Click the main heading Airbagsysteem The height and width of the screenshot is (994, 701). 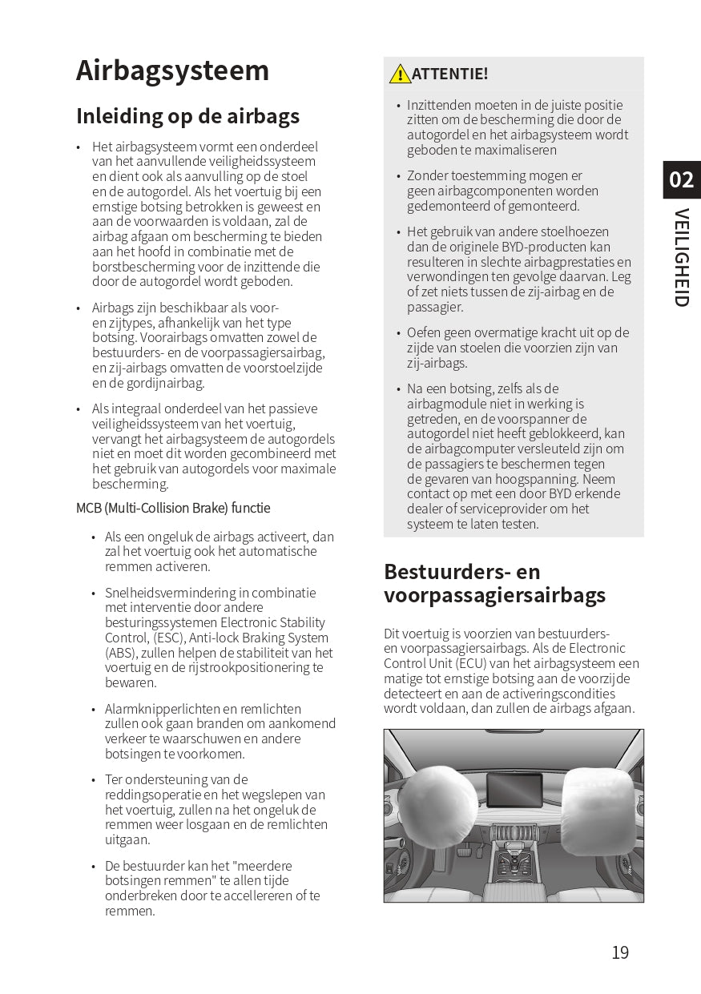click(x=172, y=71)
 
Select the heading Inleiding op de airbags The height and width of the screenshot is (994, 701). click(x=187, y=116)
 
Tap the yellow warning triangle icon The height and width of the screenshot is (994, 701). click(x=400, y=74)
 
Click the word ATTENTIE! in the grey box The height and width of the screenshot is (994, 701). click(x=449, y=74)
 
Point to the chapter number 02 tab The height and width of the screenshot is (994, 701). click(x=681, y=179)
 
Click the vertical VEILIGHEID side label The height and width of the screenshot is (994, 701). click(x=681, y=257)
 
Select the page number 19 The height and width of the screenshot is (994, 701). click(x=620, y=952)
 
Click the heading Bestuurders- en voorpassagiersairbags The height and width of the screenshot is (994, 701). click(x=494, y=583)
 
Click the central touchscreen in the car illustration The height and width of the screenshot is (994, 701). click(x=514, y=790)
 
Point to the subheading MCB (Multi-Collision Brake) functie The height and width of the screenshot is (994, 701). click(x=173, y=508)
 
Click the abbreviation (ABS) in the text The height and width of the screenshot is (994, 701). click(x=119, y=653)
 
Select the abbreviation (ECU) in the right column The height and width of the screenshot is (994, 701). click(x=473, y=663)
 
